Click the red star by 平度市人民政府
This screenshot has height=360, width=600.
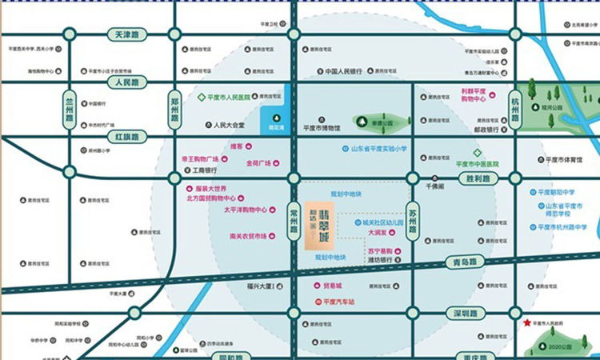526,322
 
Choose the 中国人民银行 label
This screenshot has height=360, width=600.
348,71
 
